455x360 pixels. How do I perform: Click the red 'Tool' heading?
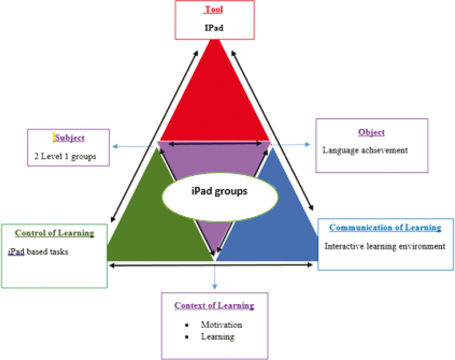click(214, 9)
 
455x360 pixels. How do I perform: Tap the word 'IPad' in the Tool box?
click(214, 28)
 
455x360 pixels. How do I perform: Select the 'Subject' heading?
click(70, 138)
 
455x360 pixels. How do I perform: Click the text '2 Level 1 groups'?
click(65, 156)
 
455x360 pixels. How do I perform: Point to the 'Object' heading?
click(371, 132)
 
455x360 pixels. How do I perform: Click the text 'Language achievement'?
click(365, 150)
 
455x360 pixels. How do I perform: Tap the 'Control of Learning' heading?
click(54, 233)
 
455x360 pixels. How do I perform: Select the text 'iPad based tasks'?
click(38, 252)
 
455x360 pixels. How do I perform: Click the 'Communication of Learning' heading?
click(385, 227)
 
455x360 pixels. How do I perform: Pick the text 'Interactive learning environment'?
click(385, 246)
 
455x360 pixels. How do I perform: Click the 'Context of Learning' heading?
click(214, 305)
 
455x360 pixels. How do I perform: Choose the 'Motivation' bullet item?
click(221, 324)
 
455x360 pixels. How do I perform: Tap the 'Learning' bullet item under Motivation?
click(218, 336)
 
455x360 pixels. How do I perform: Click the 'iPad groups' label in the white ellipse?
click(219, 191)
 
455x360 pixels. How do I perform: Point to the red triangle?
click(215, 101)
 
